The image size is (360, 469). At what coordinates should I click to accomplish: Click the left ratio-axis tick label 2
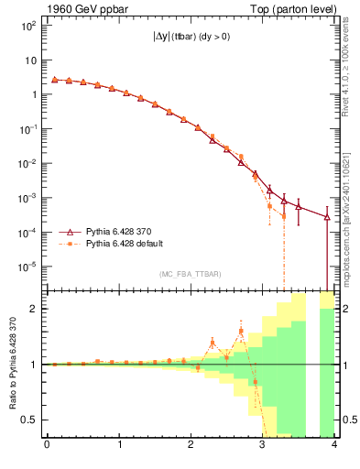point(32,309)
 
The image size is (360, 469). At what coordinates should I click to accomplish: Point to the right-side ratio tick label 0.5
point(347,420)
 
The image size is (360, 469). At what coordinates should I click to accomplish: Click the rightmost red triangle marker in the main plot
point(327,217)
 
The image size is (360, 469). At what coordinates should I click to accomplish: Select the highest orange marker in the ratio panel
point(241,332)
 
